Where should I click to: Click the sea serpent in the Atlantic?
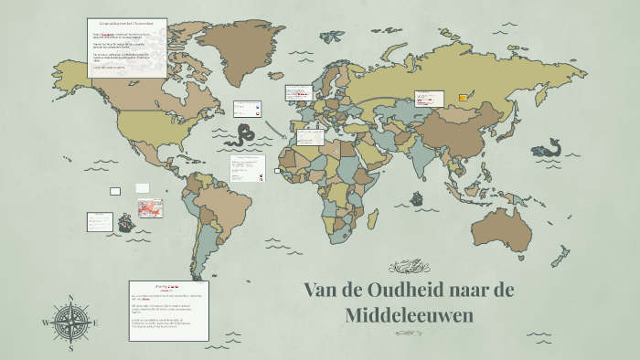(243, 136)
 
